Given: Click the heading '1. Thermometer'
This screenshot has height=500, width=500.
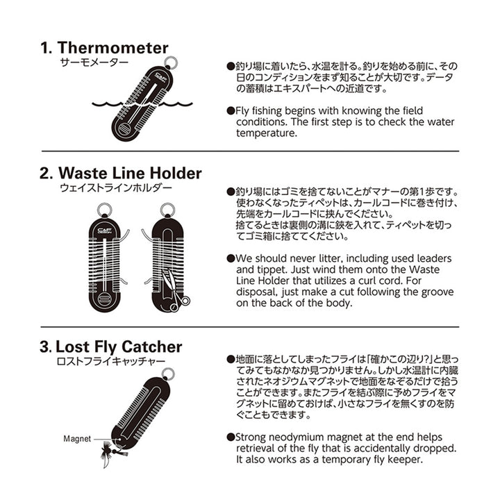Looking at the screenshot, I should [104, 48].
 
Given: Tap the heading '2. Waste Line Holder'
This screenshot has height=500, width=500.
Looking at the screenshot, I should [121, 173].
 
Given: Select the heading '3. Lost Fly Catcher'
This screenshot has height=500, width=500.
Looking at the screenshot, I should [111, 347].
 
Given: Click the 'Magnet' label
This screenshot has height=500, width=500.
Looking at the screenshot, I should [77, 439].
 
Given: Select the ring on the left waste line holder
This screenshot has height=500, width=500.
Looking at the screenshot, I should [105, 209].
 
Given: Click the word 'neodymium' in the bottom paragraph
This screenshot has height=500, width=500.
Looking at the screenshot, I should [297, 437].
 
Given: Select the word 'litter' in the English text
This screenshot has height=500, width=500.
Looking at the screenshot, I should [327, 258].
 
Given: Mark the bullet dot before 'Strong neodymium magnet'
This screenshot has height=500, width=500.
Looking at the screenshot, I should [231, 437].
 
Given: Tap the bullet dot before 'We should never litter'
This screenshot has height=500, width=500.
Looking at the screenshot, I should [231, 258].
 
